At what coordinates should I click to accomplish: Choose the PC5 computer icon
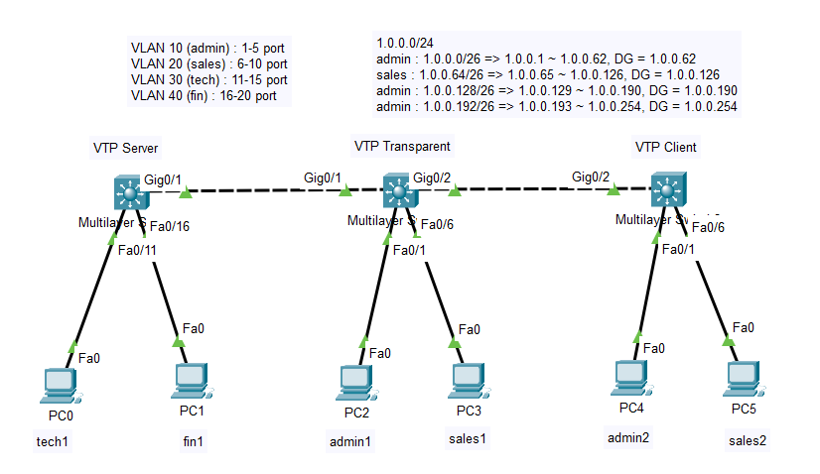pos(742,378)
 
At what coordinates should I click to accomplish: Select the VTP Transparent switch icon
pos(398,188)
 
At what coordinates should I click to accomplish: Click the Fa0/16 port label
pos(168,227)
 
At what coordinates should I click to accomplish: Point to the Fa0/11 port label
pos(137,250)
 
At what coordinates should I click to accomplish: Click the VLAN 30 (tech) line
pos(209,79)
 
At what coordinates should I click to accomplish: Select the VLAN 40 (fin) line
pos(203,95)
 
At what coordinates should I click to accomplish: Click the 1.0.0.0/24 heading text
pos(406,44)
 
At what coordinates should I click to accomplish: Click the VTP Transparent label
pos(402,146)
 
